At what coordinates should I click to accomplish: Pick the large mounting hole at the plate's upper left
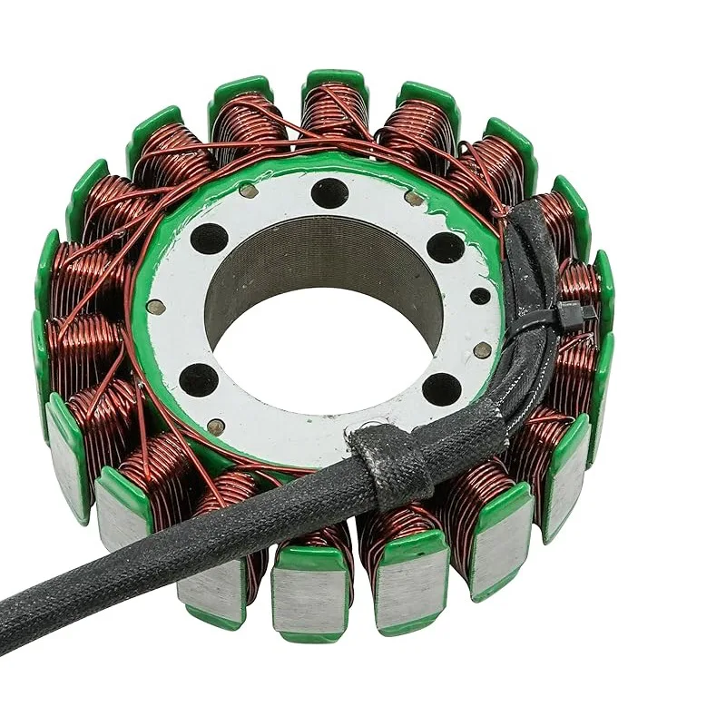coord(210,239)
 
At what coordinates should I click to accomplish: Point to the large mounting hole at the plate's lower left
coord(200,379)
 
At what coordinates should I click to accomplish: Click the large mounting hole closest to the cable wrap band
coord(442,389)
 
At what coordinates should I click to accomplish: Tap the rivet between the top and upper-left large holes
coord(247,191)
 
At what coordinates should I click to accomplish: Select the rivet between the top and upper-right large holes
coord(413,198)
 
